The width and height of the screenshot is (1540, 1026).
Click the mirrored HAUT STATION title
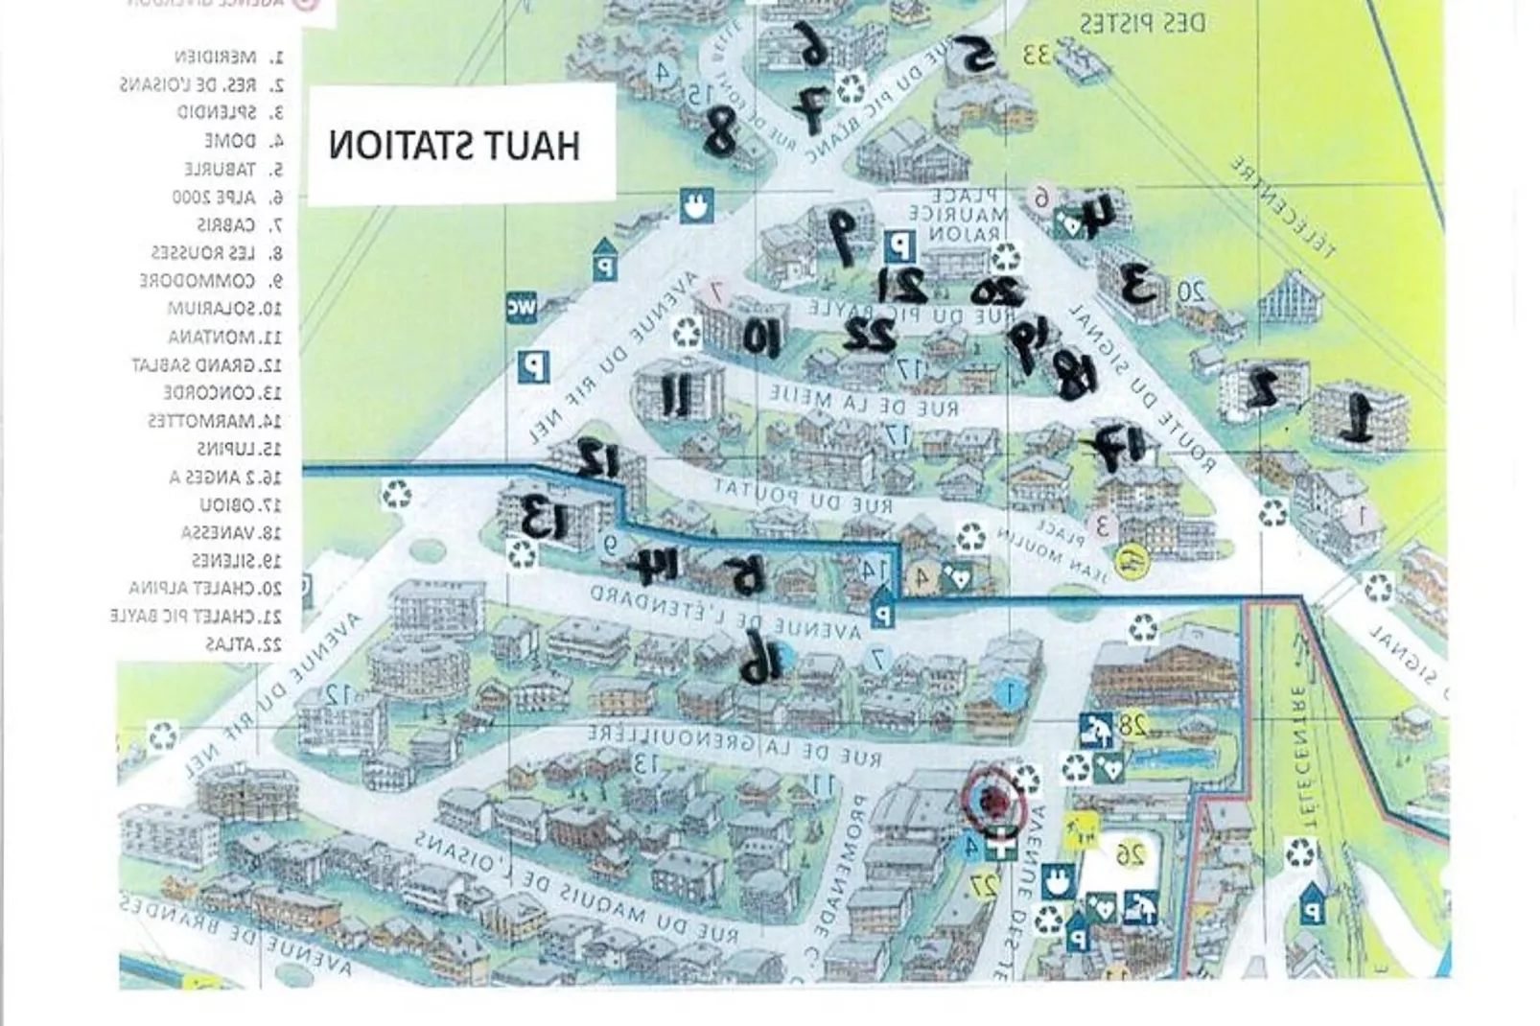[x=455, y=146]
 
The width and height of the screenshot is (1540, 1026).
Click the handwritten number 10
[x=763, y=337]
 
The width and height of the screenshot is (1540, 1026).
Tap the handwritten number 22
[x=869, y=334]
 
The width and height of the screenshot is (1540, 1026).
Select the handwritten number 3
[x=1138, y=283]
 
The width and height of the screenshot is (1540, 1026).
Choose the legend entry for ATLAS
[x=245, y=644]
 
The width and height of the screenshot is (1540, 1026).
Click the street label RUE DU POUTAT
[x=804, y=496]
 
